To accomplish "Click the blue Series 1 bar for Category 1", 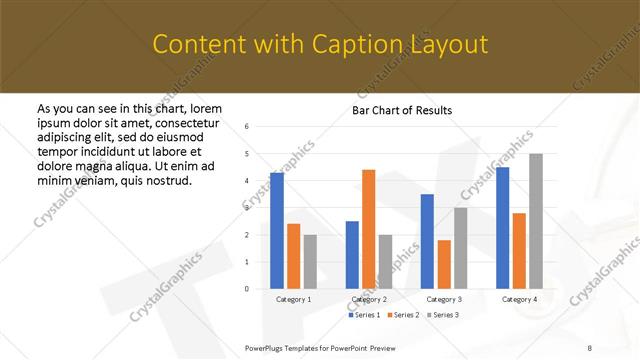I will [x=277, y=231].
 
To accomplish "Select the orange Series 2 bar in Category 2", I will [x=368, y=229].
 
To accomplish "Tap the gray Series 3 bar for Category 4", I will [x=535, y=221].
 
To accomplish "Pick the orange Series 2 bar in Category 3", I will [x=444, y=264].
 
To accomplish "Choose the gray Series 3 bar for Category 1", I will [x=310, y=262].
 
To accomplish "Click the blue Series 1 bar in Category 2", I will [x=352, y=255].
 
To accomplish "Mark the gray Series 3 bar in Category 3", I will [x=460, y=248].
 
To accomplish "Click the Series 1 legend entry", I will [x=365, y=315].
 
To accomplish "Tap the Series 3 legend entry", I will [x=444, y=315].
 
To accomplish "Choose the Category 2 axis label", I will [x=369, y=299].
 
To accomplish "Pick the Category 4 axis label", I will [x=519, y=299].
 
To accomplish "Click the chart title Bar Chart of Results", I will [x=402, y=109].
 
